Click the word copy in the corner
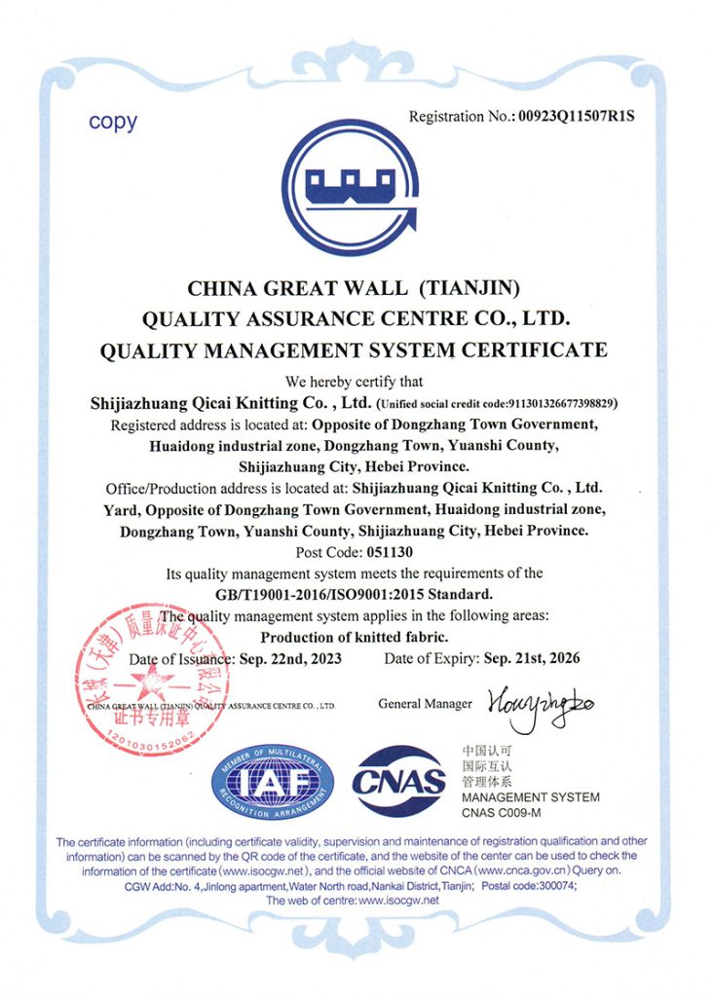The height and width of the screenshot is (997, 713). tap(113, 123)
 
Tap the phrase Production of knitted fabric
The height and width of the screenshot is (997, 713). tap(356, 637)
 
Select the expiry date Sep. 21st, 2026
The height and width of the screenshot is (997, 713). tap(532, 659)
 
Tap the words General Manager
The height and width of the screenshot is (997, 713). tap(425, 704)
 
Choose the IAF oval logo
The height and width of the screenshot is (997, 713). tap(274, 781)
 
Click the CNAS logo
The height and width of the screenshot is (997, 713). tap(399, 781)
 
